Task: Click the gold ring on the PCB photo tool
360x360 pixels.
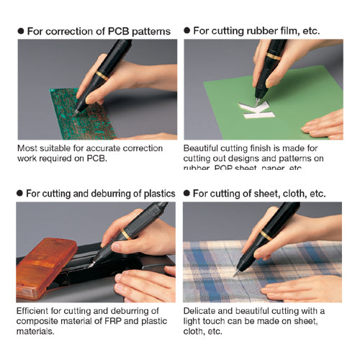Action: (103, 74)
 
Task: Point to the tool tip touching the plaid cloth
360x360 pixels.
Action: (235, 274)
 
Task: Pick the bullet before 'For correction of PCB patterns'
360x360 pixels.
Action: (21, 32)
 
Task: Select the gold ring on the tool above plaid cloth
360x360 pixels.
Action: (267, 236)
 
